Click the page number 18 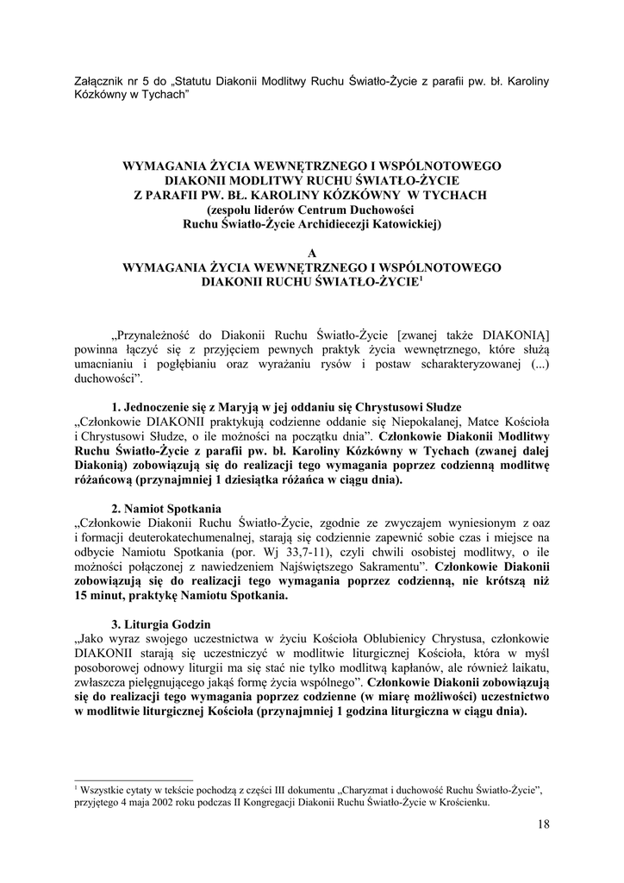[x=542, y=825]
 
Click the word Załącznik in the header [x=101, y=81]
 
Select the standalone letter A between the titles [x=312, y=253]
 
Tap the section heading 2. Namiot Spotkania [x=167, y=509]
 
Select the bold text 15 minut [x=101, y=596]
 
